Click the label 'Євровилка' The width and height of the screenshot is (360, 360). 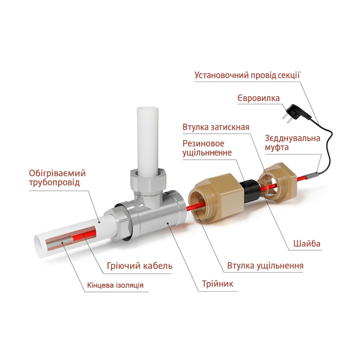(258, 98)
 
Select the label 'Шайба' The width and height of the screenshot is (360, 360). (307, 244)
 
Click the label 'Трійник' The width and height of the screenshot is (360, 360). (218, 284)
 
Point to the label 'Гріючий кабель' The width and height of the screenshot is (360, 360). (140, 266)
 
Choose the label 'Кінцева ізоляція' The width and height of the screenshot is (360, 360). (115, 285)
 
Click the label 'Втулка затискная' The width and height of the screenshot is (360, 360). (216, 127)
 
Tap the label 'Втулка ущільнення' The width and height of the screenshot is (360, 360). (265, 266)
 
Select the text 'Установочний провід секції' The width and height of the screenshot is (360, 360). (247, 75)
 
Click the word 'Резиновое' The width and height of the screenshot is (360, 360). (203, 143)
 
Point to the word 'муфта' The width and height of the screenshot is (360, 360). (277, 147)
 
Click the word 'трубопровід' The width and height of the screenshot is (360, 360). (54, 183)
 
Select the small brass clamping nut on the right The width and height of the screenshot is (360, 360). (278, 181)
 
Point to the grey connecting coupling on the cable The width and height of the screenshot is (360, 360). (312, 175)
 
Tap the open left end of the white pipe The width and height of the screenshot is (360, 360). (39, 246)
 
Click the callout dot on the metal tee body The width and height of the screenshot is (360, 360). (168, 222)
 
